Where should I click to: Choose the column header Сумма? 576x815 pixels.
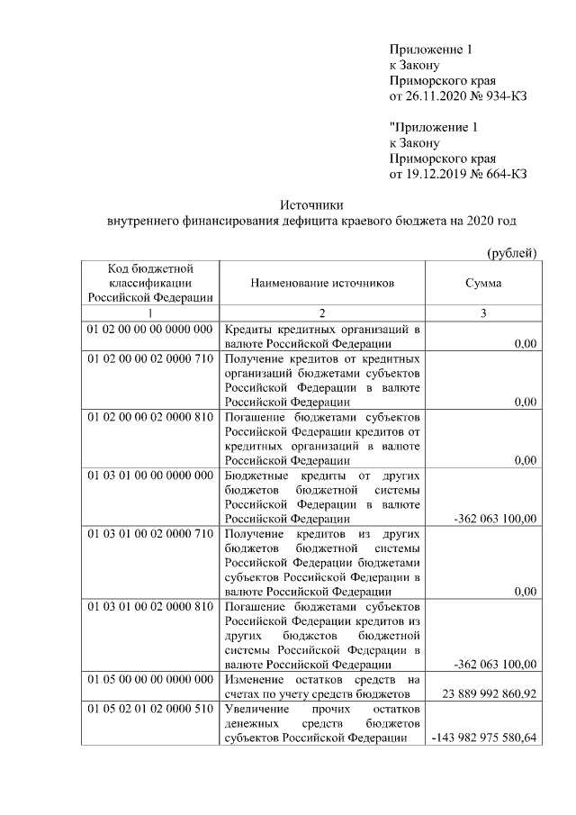point(483,283)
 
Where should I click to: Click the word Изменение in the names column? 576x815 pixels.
point(256,679)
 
